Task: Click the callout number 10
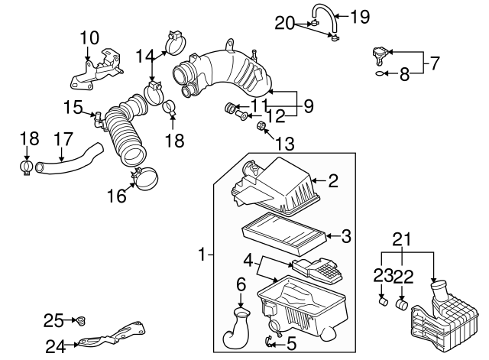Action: [89, 36]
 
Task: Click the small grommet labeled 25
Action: [79, 319]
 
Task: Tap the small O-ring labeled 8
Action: [381, 75]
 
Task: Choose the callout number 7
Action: [434, 63]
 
